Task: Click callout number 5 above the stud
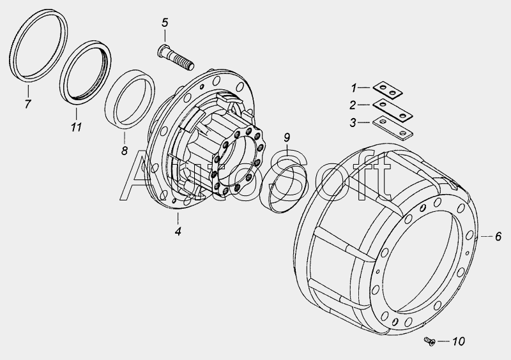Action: [165, 23]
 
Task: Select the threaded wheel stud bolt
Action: [176, 57]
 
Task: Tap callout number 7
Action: [27, 104]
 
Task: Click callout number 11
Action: [76, 127]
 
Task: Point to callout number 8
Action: [124, 151]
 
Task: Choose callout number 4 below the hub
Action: [178, 231]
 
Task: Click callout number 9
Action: [287, 137]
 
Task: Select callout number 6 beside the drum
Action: [498, 236]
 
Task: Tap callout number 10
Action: [458, 341]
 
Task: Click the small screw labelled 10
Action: [430, 341]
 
